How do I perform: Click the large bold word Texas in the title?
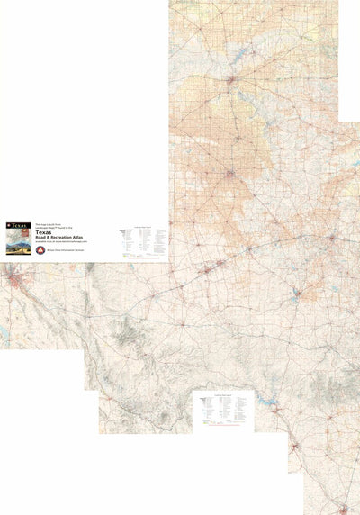[68, 232]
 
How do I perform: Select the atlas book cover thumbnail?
[17, 237]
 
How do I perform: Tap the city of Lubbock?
[230, 172]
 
